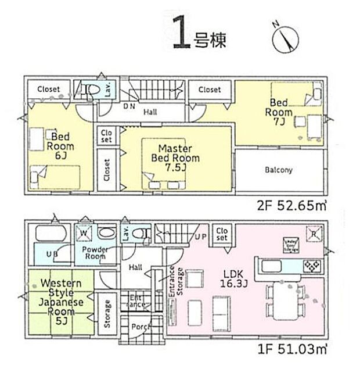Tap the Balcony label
pyautogui.click(x=279, y=170)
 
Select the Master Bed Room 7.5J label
pyautogui.click(x=175, y=158)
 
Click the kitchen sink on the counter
pyautogui.click(x=273, y=266)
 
